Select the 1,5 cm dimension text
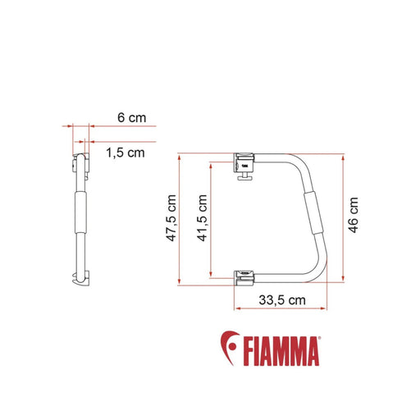125,152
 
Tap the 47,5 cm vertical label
170,218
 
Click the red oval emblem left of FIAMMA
230,350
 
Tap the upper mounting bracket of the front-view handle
246,161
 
